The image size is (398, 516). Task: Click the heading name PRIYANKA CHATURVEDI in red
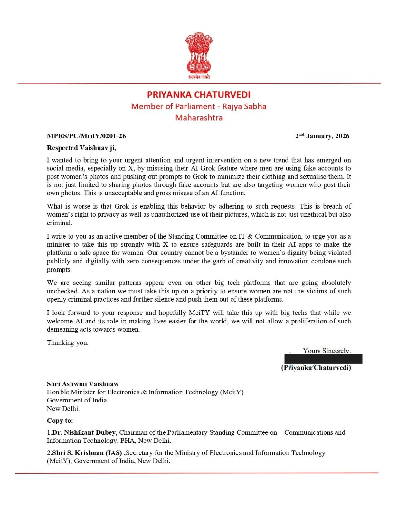tap(199, 94)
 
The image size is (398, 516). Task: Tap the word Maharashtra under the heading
tap(199, 117)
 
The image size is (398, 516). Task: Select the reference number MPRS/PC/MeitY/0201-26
tap(86, 136)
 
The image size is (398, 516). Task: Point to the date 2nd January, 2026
tap(322, 136)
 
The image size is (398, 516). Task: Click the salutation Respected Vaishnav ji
tap(81, 148)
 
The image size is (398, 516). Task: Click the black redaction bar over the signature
tap(323, 359)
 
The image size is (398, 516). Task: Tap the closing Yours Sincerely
tap(327, 351)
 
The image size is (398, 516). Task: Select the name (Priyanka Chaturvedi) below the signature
tap(316, 368)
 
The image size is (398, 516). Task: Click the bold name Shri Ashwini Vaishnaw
tap(83, 384)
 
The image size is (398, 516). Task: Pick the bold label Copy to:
tap(60, 421)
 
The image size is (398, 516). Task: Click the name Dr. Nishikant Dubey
tap(84, 432)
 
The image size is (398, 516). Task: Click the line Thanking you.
tap(67, 342)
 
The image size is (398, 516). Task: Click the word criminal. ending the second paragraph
tap(59, 223)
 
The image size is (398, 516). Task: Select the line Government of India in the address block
tap(77, 400)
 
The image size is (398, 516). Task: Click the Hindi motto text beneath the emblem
tap(199, 77)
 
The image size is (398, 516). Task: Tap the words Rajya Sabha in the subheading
tap(244, 106)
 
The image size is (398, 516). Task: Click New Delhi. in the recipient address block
tap(63, 409)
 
